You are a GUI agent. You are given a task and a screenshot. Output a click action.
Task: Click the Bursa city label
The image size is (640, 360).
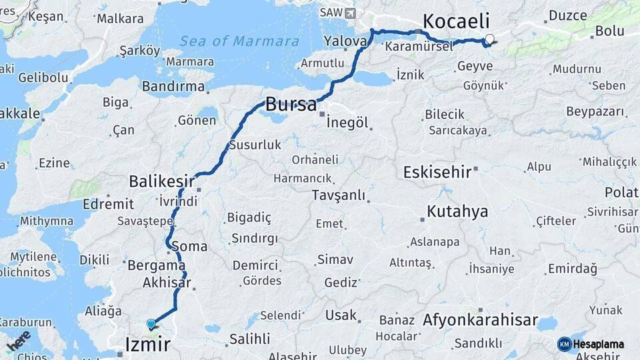[290, 104]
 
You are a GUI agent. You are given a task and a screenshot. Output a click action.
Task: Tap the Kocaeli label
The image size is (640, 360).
[456, 20]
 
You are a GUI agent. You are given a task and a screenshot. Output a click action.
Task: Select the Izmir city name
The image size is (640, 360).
[147, 344]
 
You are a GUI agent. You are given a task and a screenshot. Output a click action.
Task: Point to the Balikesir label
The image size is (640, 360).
[161, 181]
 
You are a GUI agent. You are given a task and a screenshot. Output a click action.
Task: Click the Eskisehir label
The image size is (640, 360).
[437, 172]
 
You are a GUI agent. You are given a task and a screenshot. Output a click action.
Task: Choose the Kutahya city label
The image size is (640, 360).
[457, 212]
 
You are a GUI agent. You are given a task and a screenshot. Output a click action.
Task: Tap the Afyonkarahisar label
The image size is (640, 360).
[480, 321]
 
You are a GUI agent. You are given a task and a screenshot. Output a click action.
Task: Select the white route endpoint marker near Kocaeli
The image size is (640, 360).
[490, 39]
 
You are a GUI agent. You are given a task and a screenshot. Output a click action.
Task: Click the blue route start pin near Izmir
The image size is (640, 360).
[151, 324]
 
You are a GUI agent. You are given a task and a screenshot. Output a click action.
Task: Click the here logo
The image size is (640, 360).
[19, 341]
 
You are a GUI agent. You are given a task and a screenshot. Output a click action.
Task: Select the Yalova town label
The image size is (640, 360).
[345, 41]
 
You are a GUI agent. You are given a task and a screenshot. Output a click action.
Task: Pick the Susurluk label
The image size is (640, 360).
[255, 145]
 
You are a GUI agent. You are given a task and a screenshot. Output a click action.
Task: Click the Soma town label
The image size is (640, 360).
[189, 246]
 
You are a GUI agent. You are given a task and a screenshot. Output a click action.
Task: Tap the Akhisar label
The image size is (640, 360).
[167, 283]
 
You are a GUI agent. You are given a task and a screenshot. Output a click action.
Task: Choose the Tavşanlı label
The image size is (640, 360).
[338, 195]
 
